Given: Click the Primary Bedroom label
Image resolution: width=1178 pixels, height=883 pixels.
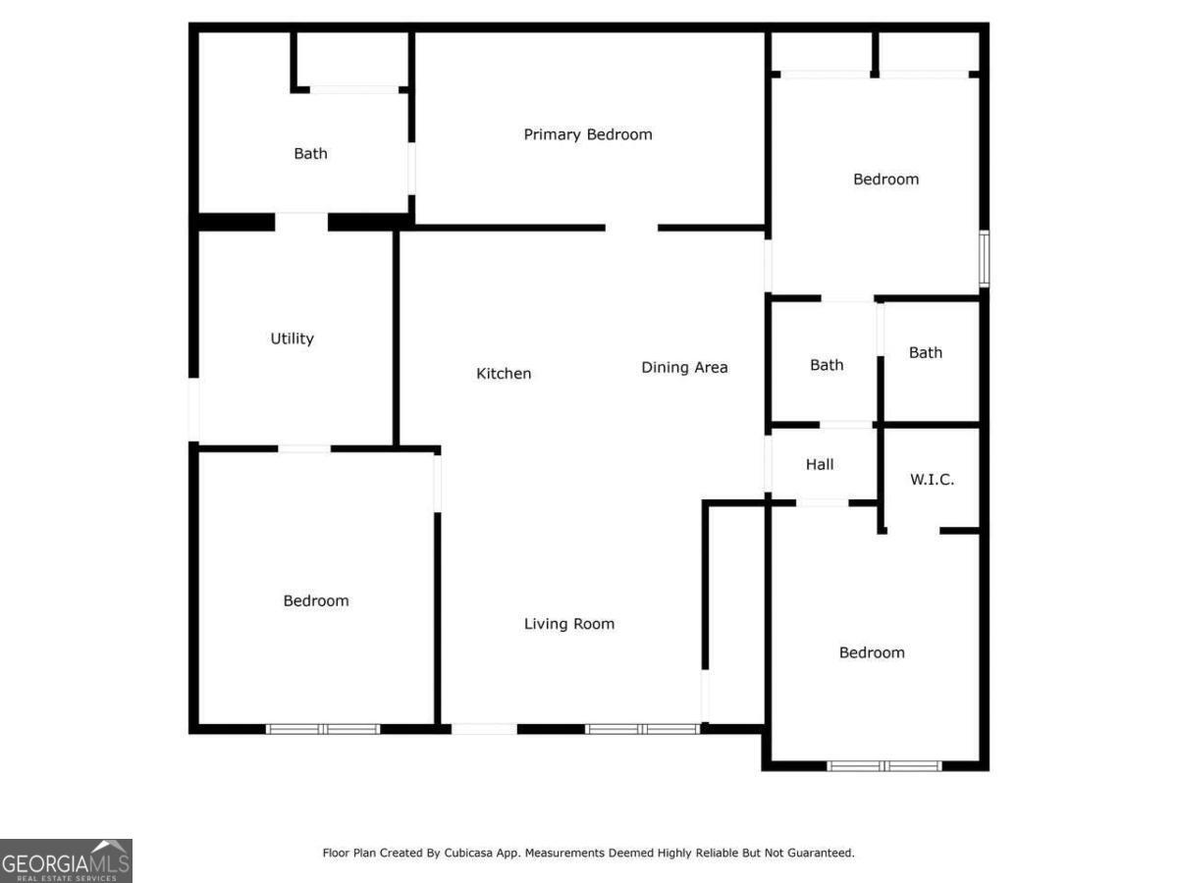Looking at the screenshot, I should pyautogui.click(x=587, y=134).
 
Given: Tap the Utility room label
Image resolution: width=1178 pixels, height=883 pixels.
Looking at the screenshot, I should pyautogui.click(x=293, y=338).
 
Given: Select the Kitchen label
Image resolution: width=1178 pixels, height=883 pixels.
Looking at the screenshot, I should pyautogui.click(x=504, y=374).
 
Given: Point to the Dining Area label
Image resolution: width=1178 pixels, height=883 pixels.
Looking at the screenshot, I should pyautogui.click(x=684, y=368).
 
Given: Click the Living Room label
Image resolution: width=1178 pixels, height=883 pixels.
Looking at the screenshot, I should pyautogui.click(x=569, y=624).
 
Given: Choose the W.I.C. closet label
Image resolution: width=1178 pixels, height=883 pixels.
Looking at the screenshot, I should pyautogui.click(x=932, y=480).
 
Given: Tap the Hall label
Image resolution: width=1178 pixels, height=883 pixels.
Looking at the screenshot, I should pyautogui.click(x=820, y=464).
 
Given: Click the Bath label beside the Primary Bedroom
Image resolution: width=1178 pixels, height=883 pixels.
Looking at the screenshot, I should pyautogui.click(x=310, y=154).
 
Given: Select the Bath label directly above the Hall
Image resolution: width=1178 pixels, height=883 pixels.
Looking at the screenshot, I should pyautogui.click(x=827, y=365).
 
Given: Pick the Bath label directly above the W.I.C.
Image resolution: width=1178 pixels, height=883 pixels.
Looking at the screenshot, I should pyautogui.click(x=926, y=352).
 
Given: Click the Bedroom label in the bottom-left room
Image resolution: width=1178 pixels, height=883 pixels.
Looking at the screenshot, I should pyautogui.click(x=316, y=601).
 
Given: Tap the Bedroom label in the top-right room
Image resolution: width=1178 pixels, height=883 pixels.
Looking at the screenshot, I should pyautogui.click(x=885, y=180).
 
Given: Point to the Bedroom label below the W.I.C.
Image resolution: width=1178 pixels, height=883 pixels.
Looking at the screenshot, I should pyautogui.click(x=872, y=653).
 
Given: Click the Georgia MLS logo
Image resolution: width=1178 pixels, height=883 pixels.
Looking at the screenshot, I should pyautogui.click(x=66, y=860).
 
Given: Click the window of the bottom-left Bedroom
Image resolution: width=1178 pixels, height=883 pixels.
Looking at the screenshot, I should pyautogui.click(x=323, y=729).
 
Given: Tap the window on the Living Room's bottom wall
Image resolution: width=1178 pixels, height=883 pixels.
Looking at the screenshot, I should pyautogui.click(x=642, y=729).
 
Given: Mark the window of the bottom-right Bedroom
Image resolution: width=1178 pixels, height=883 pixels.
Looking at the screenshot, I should pyautogui.click(x=884, y=765).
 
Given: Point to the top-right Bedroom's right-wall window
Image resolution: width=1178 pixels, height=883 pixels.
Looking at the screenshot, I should pyautogui.click(x=984, y=258).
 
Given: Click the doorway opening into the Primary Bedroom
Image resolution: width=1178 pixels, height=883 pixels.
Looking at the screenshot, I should pyautogui.click(x=631, y=228).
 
